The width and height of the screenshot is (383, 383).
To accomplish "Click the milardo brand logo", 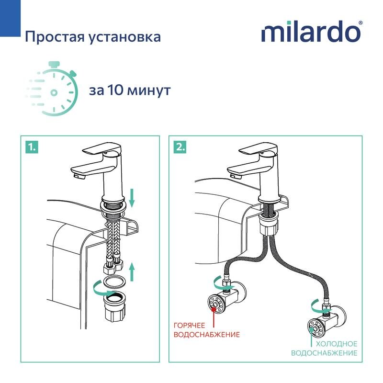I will (x=311, y=32).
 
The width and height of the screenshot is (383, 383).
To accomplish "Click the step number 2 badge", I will (x=180, y=147).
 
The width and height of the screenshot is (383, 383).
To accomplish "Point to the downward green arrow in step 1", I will (x=133, y=197).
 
